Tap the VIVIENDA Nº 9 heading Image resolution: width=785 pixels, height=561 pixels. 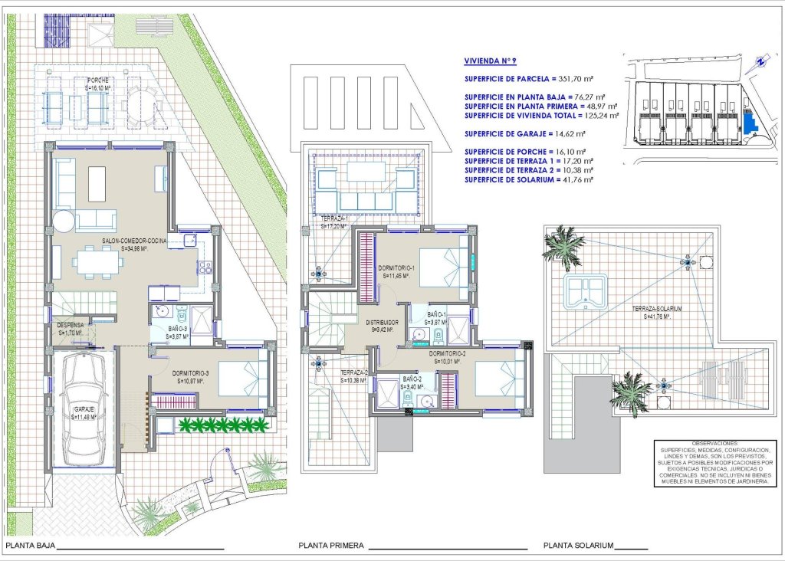[497, 61]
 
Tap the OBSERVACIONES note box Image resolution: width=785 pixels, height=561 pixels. [709, 463]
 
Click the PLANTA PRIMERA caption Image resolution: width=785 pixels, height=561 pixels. [330, 546]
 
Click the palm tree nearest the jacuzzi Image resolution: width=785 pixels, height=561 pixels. [563, 244]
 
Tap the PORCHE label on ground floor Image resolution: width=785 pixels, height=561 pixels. [97, 80]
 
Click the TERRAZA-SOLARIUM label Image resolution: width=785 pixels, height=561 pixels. [657, 309]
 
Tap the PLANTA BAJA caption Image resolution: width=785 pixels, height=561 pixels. [30, 546]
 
